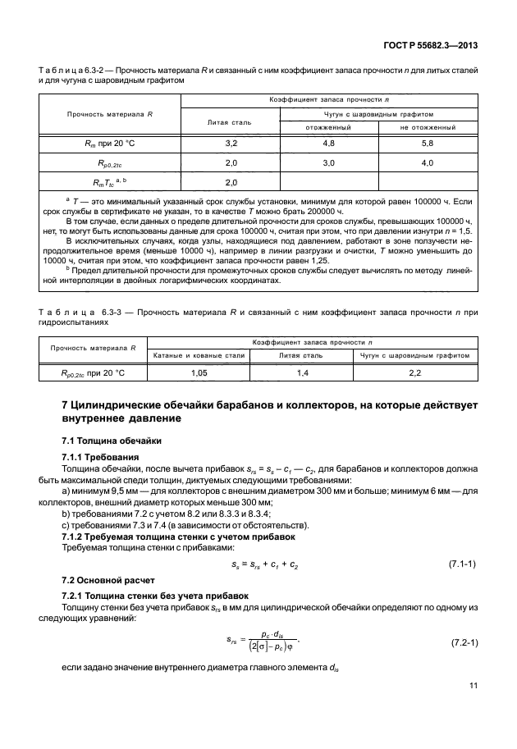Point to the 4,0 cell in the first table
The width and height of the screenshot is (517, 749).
click(x=427, y=162)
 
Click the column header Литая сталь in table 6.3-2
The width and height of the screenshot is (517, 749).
click(x=231, y=121)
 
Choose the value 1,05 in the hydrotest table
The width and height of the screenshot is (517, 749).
click(x=198, y=373)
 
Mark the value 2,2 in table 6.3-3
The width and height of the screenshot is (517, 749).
click(x=414, y=373)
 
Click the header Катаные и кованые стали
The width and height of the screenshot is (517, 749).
click(x=198, y=356)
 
